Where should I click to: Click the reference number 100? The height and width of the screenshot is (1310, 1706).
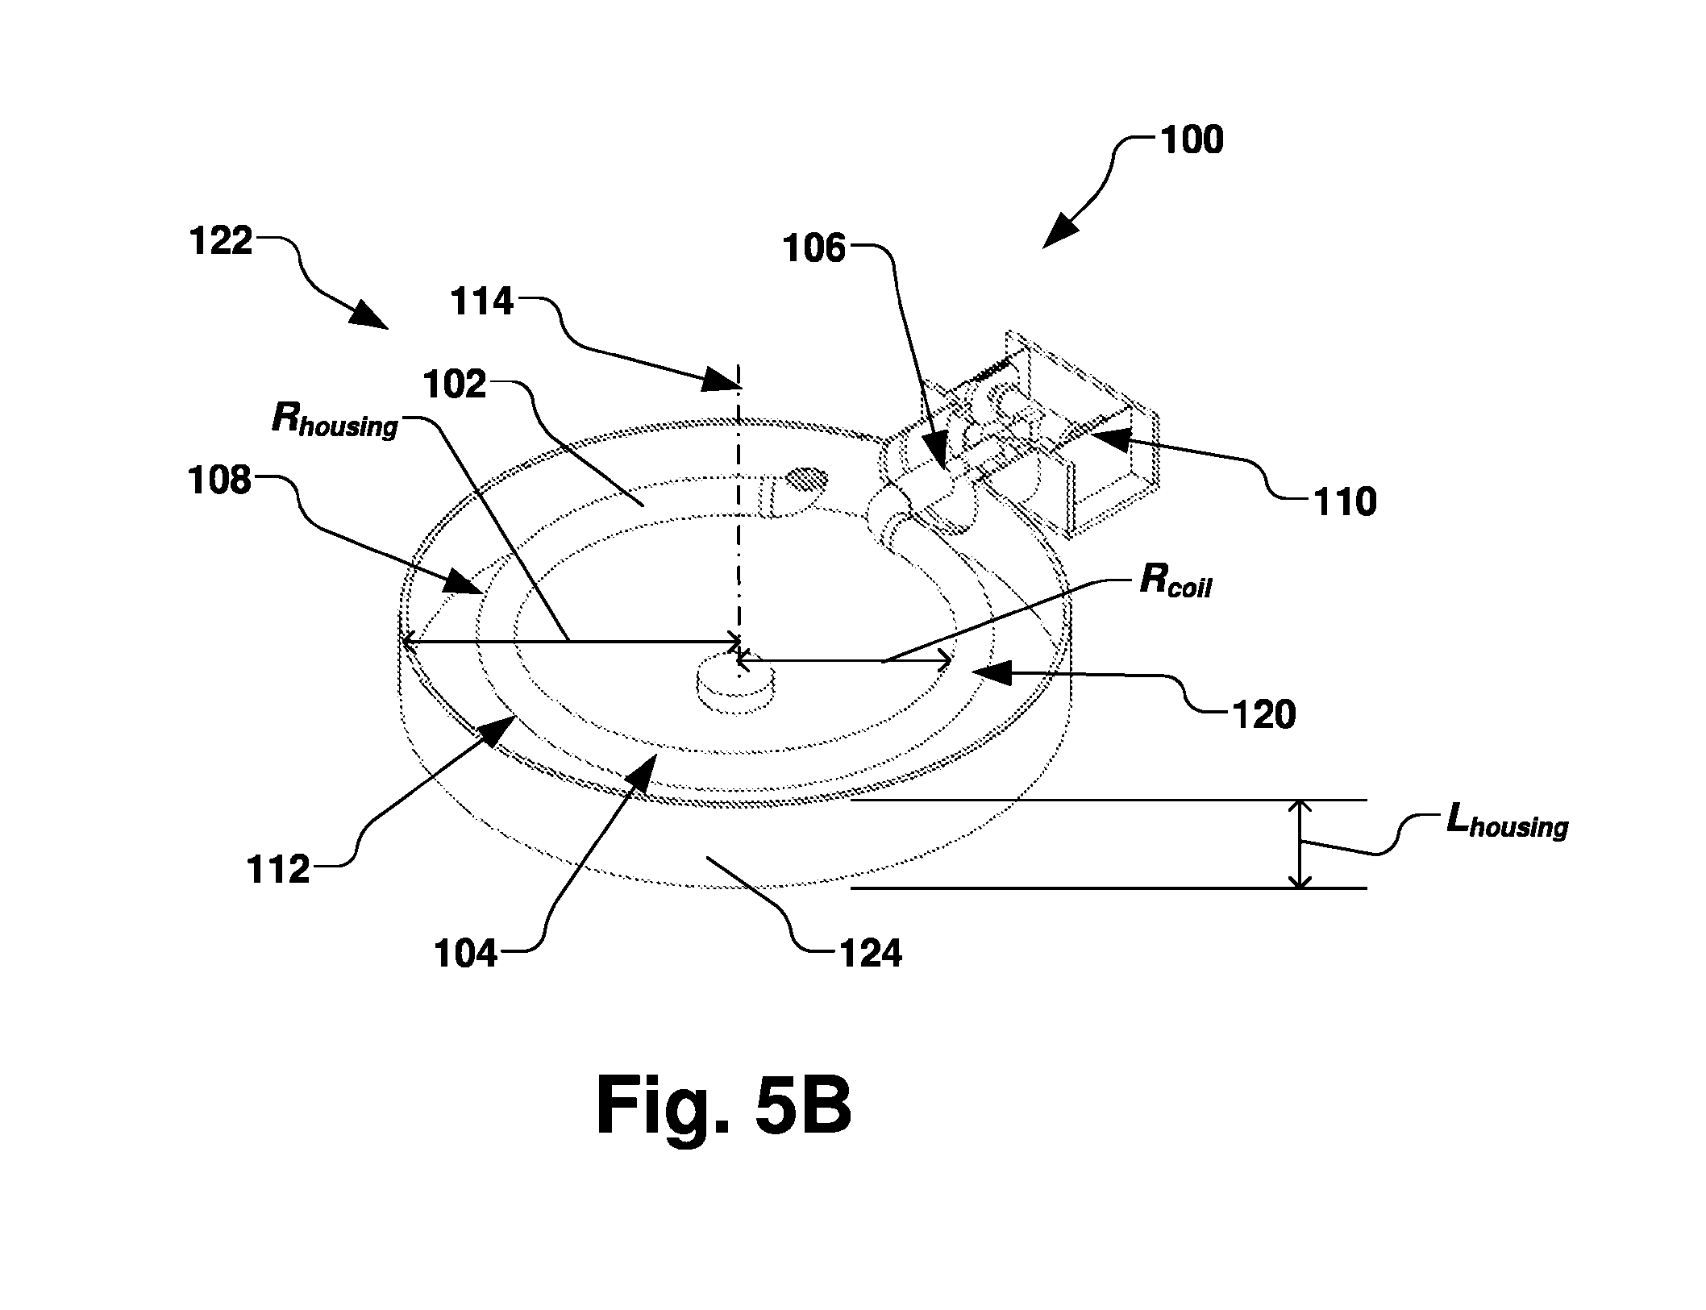point(1192,140)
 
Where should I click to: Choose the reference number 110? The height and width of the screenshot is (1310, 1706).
point(1345,501)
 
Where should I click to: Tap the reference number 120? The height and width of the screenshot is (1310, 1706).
point(1263,714)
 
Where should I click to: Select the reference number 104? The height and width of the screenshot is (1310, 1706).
point(467,954)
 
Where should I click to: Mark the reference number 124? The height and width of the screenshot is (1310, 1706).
point(871,954)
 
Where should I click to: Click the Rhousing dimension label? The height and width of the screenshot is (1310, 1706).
point(335,420)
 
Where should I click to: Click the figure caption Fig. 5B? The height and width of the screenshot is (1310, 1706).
point(723,1108)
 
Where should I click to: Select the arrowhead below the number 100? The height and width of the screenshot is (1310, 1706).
point(1060,231)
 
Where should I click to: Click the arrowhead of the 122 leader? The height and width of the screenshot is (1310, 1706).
point(370,314)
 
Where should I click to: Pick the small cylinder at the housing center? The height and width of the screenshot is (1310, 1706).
point(734,684)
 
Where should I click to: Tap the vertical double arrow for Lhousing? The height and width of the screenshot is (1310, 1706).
point(1299,844)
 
